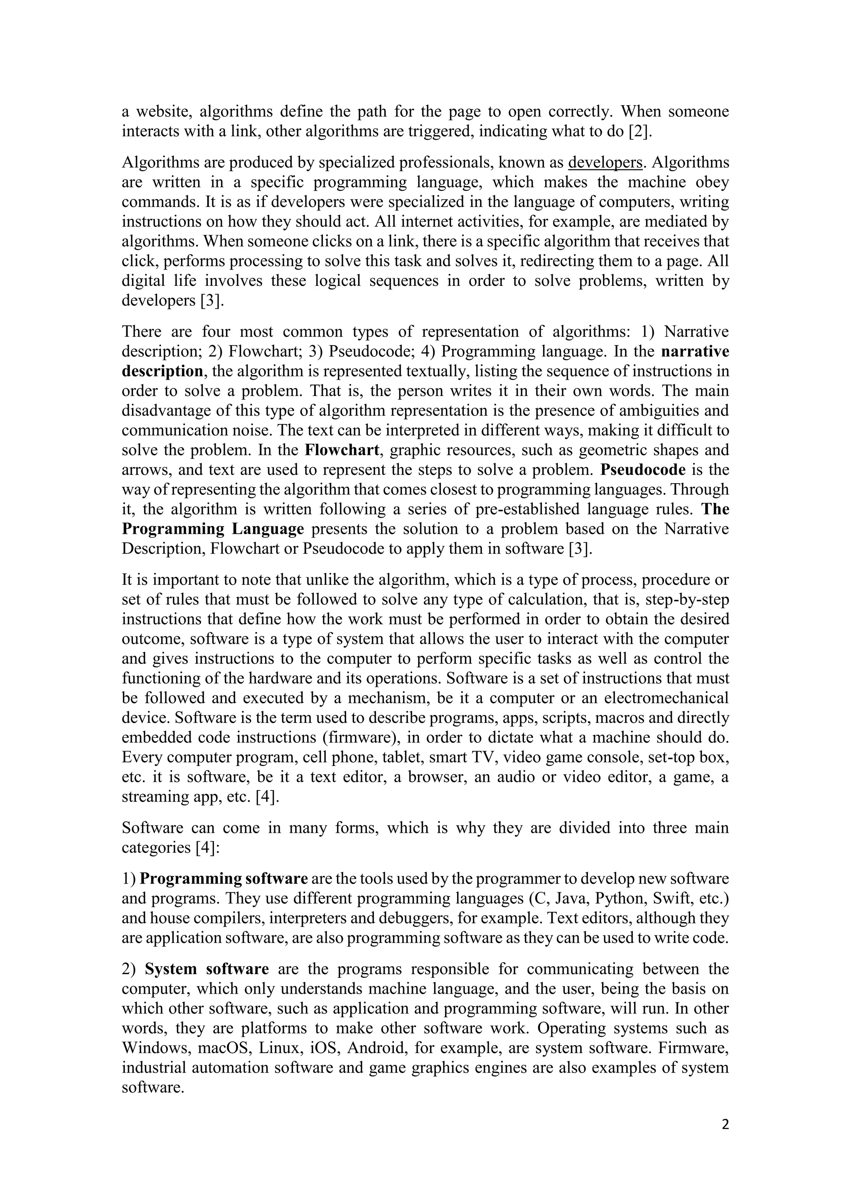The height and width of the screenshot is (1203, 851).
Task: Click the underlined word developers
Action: tap(605, 163)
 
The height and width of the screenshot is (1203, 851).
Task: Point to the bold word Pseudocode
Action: tap(643, 469)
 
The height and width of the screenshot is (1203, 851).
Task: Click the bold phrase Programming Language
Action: tap(213, 529)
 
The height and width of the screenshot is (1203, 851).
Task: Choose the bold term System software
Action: tap(207, 969)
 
